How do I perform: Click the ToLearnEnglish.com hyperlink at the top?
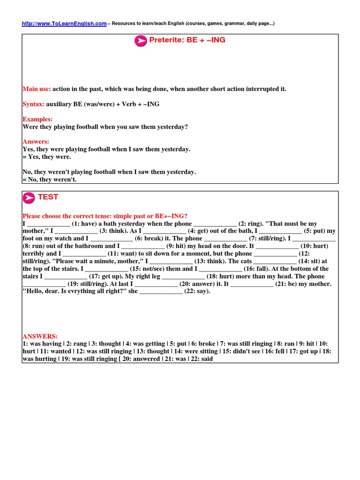pyautogui.click(x=64, y=23)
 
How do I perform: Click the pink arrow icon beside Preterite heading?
pyautogui.click(x=141, y=41)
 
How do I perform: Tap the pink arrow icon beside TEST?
pyautogui.click(x=29, y=198)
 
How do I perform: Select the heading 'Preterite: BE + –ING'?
pyautogui.click(x=187, y=40)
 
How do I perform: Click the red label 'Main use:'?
pyautogui.click(x=37, y=89)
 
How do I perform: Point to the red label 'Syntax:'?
pyautogui.click(x=34, y=104)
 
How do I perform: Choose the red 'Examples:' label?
pyautogui.click(x=37, y=120)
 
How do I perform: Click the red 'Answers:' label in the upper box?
pyautogui.click(x=36, y=142)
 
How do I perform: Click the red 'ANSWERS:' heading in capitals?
pyautogui.click(x=40, y=337)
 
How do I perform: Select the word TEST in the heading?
pyautogui.click(x=48, y=197)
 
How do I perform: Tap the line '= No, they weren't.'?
pyautogui.click(x=49, y=180)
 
